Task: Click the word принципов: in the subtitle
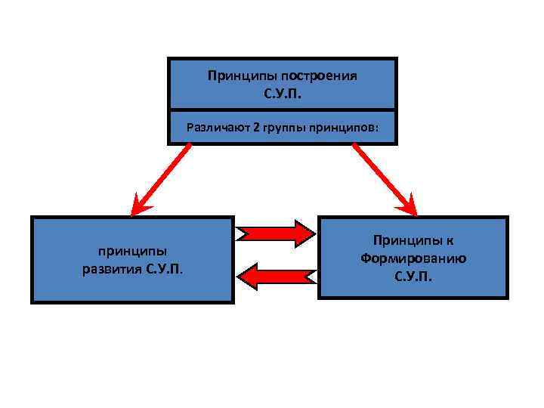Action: click(344, 126)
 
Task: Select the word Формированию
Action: click(413, 258)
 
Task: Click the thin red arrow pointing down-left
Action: click(160, 178)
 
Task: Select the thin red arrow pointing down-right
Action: click(383, 178)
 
